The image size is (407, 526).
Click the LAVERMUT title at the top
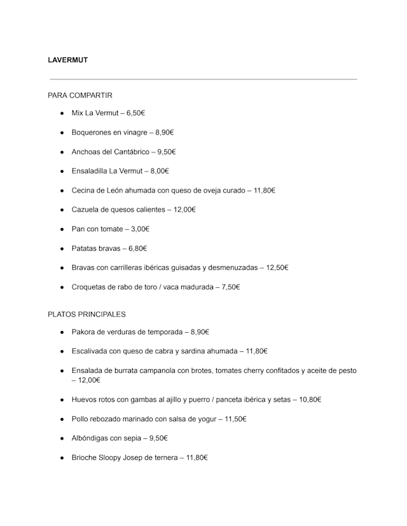click(x=67, y=60)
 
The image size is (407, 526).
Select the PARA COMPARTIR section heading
click(x=80, y=95)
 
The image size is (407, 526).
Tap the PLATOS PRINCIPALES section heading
click(x=86, y=314)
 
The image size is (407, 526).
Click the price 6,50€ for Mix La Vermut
click(x=136, y=113)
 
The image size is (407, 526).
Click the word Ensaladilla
click(x=90, y=171)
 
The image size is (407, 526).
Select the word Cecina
click(x=84, y=190)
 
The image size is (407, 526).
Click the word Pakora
click(x=83, y=332)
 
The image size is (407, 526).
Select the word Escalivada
click(x=91, y=351)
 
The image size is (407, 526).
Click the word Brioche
click(x=85, y=457)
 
